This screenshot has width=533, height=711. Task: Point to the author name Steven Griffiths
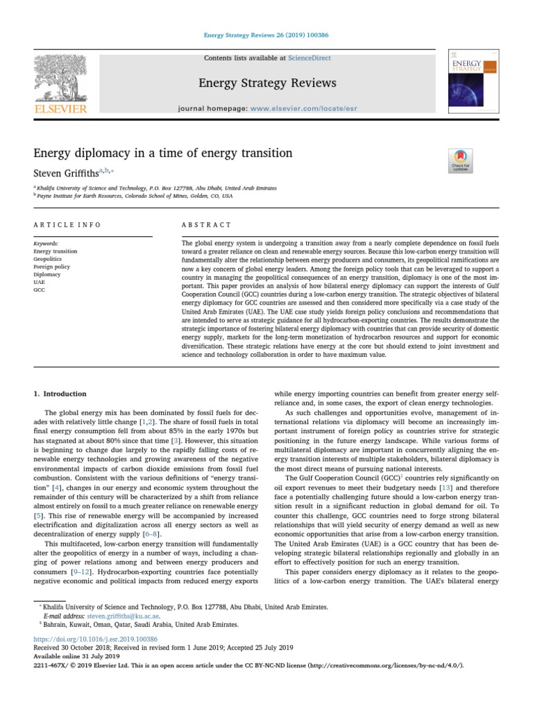pyautogui.click(x=67, y=172)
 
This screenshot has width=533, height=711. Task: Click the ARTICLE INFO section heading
pyautogui.click(x=67, y=225)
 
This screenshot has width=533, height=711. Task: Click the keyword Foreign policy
pyautogui.click(x=51, y=266)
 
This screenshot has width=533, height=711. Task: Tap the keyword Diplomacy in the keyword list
pyautogui.click(x=46, y=274)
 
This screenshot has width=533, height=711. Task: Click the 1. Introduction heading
pyautogui.click(x=60, y=394)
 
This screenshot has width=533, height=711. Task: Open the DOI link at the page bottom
pyautogui.click(x=96, y=639)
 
